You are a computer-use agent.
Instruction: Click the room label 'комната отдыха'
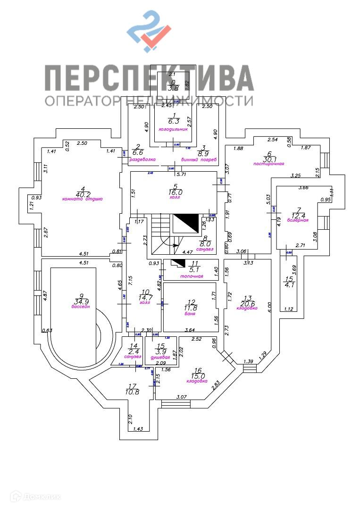(x=82, y=199)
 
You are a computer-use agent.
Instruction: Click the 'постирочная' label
(x=268, y=164)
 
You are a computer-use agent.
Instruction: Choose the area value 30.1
(x=269, y=159)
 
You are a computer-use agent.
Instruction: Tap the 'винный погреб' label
(x=201, y=159)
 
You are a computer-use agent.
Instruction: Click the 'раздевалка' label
(x=142, y=159)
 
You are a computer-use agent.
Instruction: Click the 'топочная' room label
(x=192, y=276)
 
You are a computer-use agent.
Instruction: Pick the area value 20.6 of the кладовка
(x=247, y=303)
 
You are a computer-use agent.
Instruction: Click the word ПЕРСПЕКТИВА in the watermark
(x=149, y=78)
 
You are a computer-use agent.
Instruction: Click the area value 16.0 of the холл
(x=175, y=192)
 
